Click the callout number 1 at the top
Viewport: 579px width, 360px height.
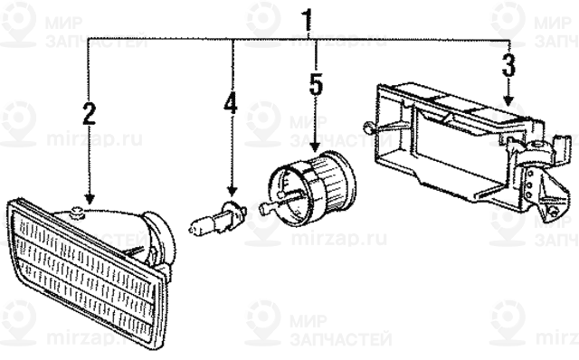click(308, 17)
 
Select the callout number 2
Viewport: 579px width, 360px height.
click(88, 114)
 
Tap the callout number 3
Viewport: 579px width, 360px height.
click(508, 65)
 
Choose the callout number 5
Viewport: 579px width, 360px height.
click(315, 84)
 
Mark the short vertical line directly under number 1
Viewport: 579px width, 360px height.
click(309, 34)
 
